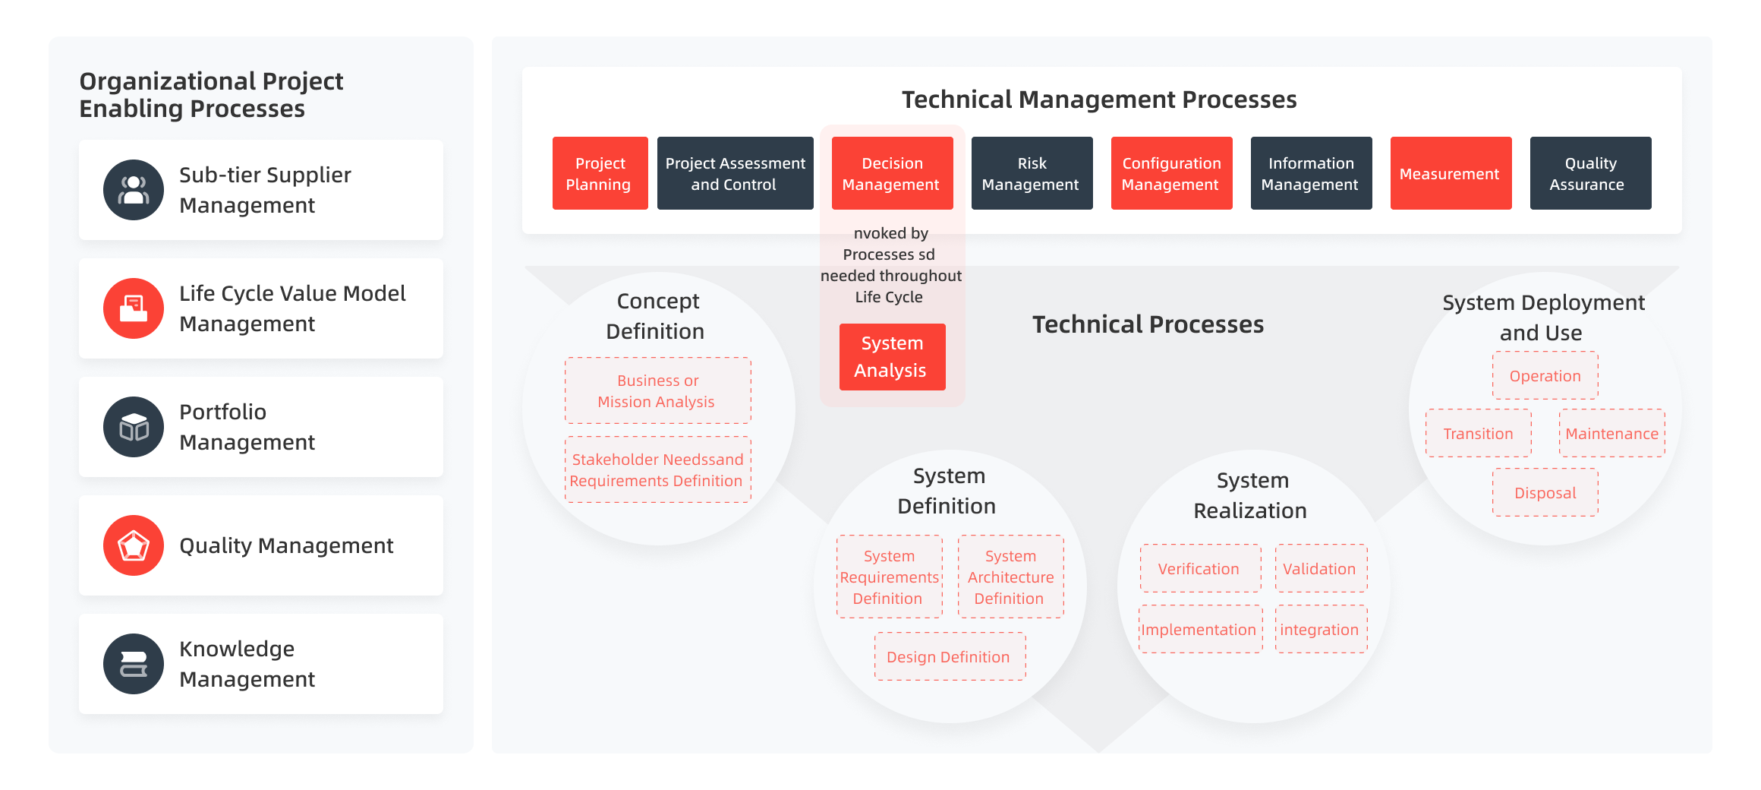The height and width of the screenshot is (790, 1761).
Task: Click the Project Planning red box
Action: click(600, 173)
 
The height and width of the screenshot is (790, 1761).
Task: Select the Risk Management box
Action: click(1032, 173)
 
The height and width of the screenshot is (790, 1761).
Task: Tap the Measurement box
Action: click(1451, 173)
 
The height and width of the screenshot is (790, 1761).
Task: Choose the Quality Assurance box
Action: click(1590, 173)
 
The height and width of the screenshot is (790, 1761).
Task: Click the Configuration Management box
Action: click(1171, 173)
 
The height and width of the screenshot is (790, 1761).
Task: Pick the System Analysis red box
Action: click(892, 357)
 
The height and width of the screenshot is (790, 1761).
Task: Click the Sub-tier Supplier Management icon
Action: click(134, 190)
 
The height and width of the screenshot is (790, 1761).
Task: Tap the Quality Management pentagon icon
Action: click(134, 545)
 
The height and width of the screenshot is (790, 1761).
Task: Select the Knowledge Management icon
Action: click(134, 664)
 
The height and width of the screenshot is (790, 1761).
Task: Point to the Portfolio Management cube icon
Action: click(134, 427)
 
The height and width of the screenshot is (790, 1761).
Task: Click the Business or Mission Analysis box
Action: click(657, 390)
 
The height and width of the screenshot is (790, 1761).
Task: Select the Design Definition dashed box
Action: click(950, 656)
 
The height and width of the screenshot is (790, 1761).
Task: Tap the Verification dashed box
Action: click(1200, 568)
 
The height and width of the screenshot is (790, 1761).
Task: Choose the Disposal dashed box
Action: click(1545, 492)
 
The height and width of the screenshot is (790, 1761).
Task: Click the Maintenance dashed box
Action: click(1611, 433)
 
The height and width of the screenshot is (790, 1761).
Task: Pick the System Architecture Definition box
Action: click(1010, 577)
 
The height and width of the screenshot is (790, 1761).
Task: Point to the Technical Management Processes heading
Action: click(1098, 100)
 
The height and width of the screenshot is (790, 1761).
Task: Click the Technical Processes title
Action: click(1148, 324)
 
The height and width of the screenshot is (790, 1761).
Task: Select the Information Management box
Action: click(1311, 173)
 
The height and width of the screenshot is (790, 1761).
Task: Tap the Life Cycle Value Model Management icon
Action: click(134, 308)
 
